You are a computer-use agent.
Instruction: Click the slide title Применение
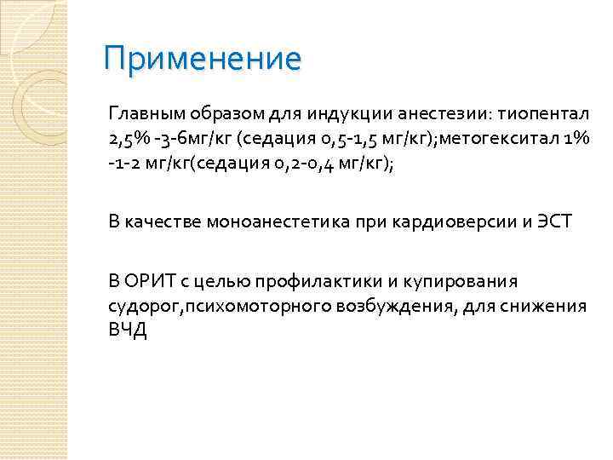[x=202, y=59]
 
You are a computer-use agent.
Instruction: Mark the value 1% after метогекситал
[x=576, y=140]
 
